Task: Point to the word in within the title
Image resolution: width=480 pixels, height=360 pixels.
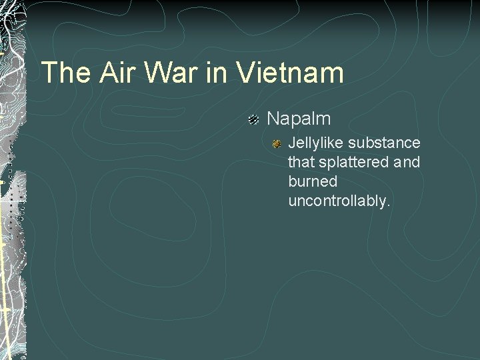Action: point(215,73)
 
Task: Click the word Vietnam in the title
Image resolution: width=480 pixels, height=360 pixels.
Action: point(289,73)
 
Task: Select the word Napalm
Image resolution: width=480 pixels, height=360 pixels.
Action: point(299,119)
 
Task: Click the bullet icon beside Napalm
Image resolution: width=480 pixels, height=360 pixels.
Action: point(253,119)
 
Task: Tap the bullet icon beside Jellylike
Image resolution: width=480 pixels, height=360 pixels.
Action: point(276,143)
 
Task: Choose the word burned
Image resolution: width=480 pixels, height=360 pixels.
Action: point(313,181)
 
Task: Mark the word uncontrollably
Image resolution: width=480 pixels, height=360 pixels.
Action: point(338,201)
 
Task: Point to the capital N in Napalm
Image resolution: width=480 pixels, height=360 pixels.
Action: point(273,119)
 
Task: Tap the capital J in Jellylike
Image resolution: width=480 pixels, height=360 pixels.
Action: point(291,143)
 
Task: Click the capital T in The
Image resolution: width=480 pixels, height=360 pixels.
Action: point(49,73)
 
